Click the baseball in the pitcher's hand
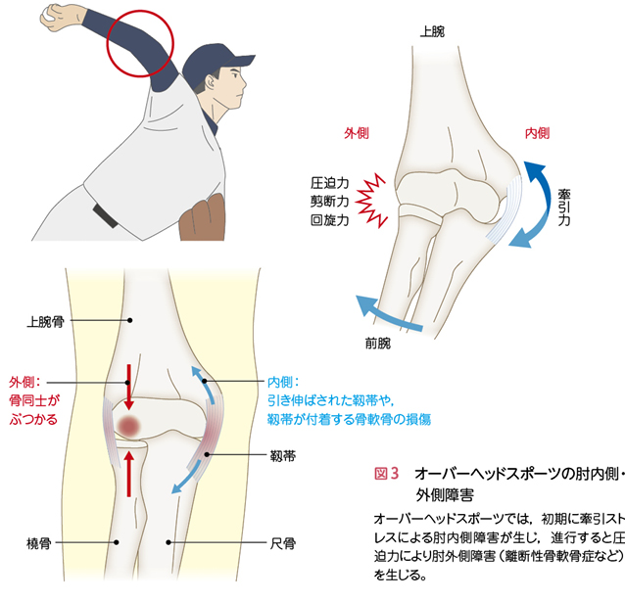(46, 15)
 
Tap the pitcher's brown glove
(202, 218)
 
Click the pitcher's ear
(210, 83)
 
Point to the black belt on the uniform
(105, 215)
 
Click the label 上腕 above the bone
(432, 31)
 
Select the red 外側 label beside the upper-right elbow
(357, 133)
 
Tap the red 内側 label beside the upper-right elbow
(537, 133)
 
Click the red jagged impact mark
(371, 201)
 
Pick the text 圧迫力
(329, 183)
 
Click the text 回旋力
(329, 220)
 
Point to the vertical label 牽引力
(563, 208)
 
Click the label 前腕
(378, 343)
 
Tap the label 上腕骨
(45, 321)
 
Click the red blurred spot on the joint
(129, 426)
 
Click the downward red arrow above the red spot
(128, 387)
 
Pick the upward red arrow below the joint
(128, 474)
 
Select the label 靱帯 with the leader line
(282, 455)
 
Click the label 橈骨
(38, 543)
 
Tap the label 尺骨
(282, 543)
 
